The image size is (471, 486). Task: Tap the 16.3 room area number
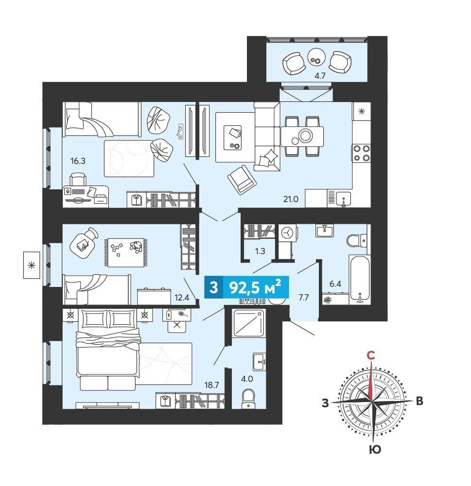[x=78, y=161]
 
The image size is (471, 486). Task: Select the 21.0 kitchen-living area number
[x=290, y=199]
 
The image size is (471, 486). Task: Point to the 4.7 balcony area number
[x=319, y=76]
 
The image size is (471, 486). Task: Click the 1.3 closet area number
[x=260, y=251]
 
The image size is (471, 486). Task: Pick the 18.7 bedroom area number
[x=211, y=385]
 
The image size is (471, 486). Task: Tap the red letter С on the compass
[x=370, y=355]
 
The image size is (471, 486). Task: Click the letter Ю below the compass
[x=375, y=449]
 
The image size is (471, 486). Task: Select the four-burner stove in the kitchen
[x=361, y=153]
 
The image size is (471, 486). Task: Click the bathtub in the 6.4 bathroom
[x=359, y=279]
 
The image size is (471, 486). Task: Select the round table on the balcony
[x=316, y=57]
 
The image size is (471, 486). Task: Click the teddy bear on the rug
[x=136, y=247]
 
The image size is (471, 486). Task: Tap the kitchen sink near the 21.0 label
[x=344, y=199]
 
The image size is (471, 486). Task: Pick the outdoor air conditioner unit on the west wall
[x=31, y=265]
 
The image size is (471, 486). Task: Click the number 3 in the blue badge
[x=213, y=287]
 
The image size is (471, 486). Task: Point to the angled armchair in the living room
[x=242, y=180]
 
